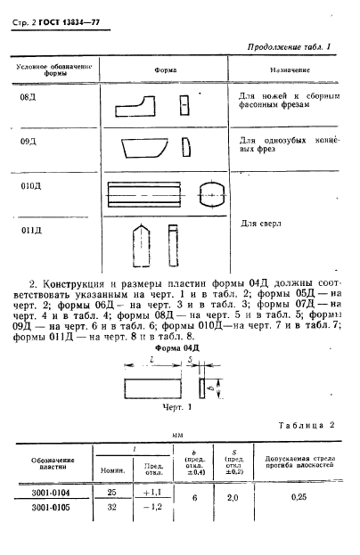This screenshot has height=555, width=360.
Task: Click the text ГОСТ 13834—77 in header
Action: coord(67,11)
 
